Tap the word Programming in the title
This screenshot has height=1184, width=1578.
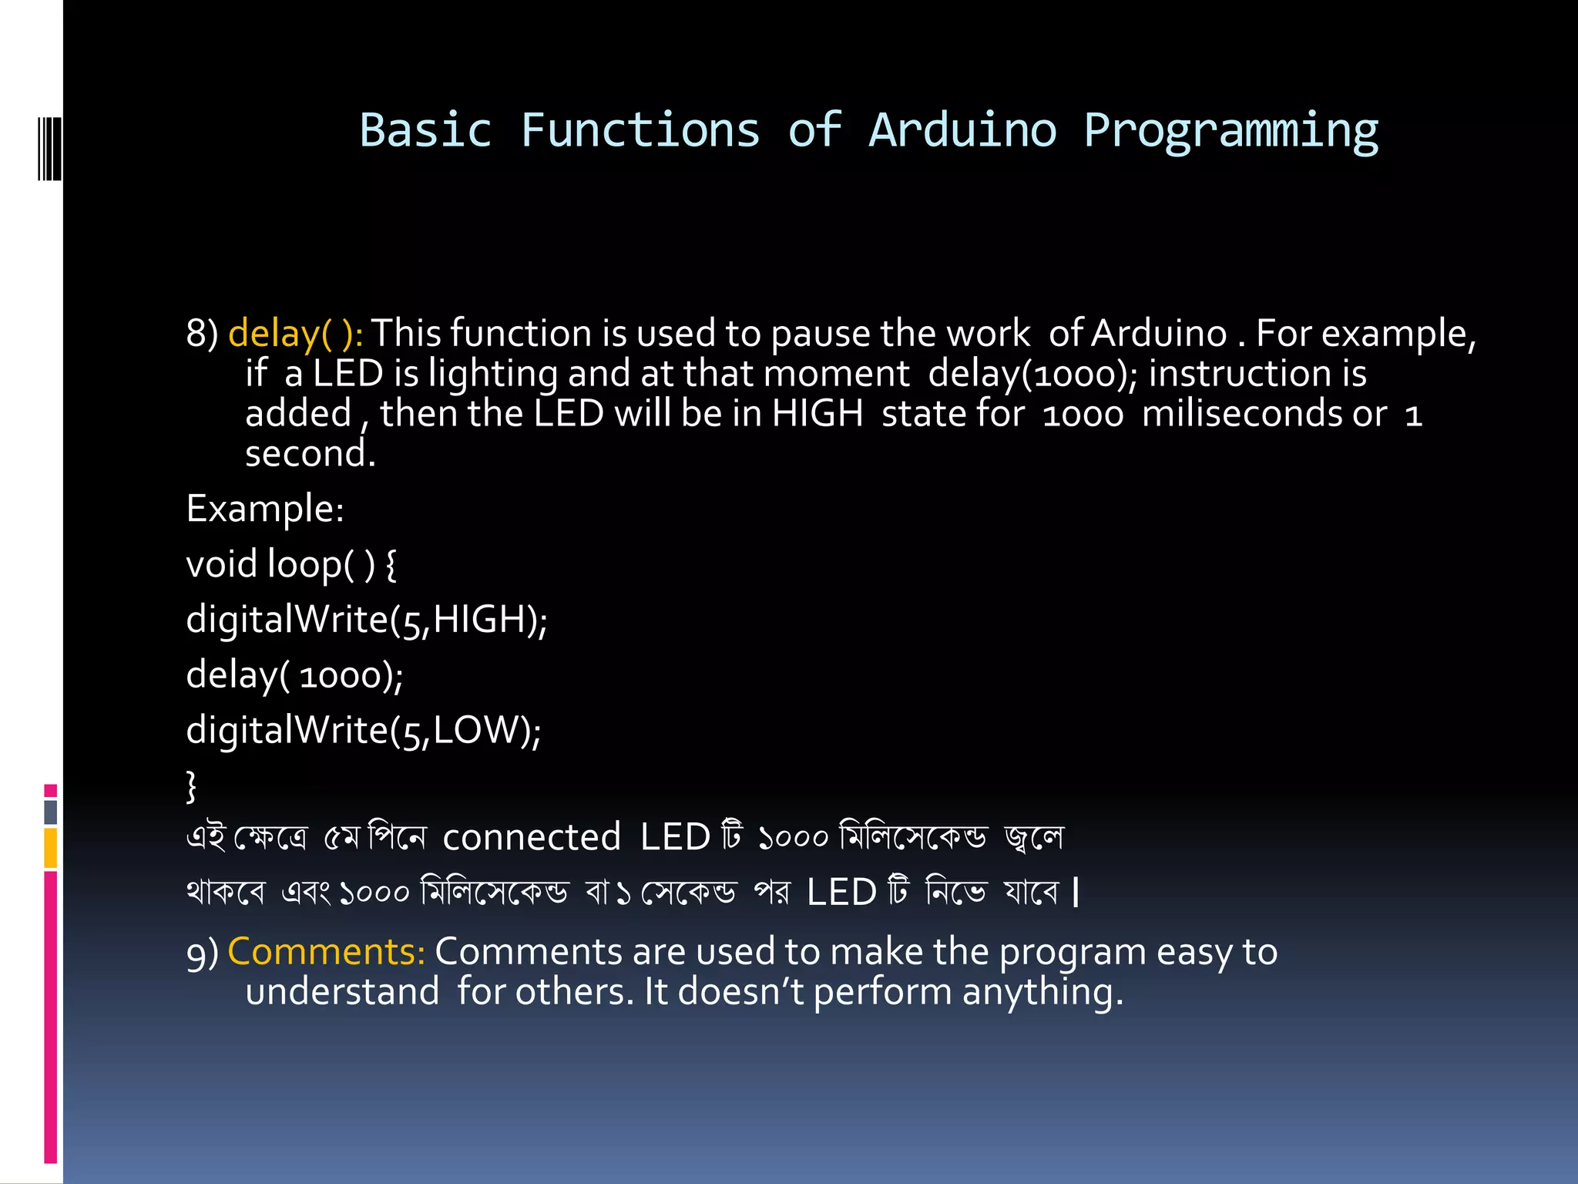[1231, 131]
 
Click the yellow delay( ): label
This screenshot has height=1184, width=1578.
[296, 334]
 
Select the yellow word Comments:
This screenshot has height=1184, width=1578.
[327, 951]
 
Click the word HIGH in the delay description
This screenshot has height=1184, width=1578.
[818, 413]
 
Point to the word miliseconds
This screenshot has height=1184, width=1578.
[1264, 413]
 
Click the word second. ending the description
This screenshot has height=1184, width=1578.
[310, 453]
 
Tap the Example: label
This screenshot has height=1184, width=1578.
[265, 509]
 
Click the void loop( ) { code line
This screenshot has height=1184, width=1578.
[291, 564]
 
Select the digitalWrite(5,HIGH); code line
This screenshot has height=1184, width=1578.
[367, 620]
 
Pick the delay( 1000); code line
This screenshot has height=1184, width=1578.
[294, 675]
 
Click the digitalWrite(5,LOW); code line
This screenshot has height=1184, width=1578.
[364, 730]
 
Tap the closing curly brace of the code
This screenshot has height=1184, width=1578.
[191, 785]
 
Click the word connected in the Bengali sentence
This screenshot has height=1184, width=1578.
[532, 837]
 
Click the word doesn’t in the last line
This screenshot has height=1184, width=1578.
[740, 991]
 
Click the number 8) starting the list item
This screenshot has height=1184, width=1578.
[202, 334]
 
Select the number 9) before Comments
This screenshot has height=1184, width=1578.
[202, 953]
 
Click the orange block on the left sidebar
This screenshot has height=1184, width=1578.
[51, 848]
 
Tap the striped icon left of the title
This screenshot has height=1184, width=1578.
[49, 149]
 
